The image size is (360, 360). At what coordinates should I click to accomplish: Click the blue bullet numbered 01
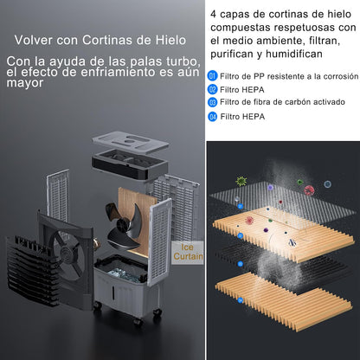(x=212, y=76)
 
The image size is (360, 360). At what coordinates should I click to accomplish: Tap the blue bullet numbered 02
(x=212, y=89)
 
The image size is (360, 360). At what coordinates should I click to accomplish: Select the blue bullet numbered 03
(x=212, y=102)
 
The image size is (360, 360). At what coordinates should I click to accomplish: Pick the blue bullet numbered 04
(x=212, y=117)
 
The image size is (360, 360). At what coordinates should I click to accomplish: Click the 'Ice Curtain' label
(x=188, y=252)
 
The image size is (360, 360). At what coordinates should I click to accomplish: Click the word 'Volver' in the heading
(x=34, y=40)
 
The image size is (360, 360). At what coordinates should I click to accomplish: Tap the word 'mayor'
(x=25, y=83)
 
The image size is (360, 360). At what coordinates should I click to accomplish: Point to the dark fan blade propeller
(x=124, y=225)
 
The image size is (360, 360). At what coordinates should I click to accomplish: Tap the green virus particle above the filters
(x=241, y=181)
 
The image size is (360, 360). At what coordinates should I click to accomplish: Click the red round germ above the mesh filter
(x=309, y=190)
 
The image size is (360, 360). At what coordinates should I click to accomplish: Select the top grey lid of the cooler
(x=131, y=143)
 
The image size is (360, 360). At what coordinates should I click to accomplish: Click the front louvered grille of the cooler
(x=32, y=271)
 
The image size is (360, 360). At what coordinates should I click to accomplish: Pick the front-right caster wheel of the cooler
(x=157, y=312)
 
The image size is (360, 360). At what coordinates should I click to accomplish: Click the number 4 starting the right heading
(x=213, y=14)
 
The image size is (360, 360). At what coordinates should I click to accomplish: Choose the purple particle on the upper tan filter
(x=266, y=230)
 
